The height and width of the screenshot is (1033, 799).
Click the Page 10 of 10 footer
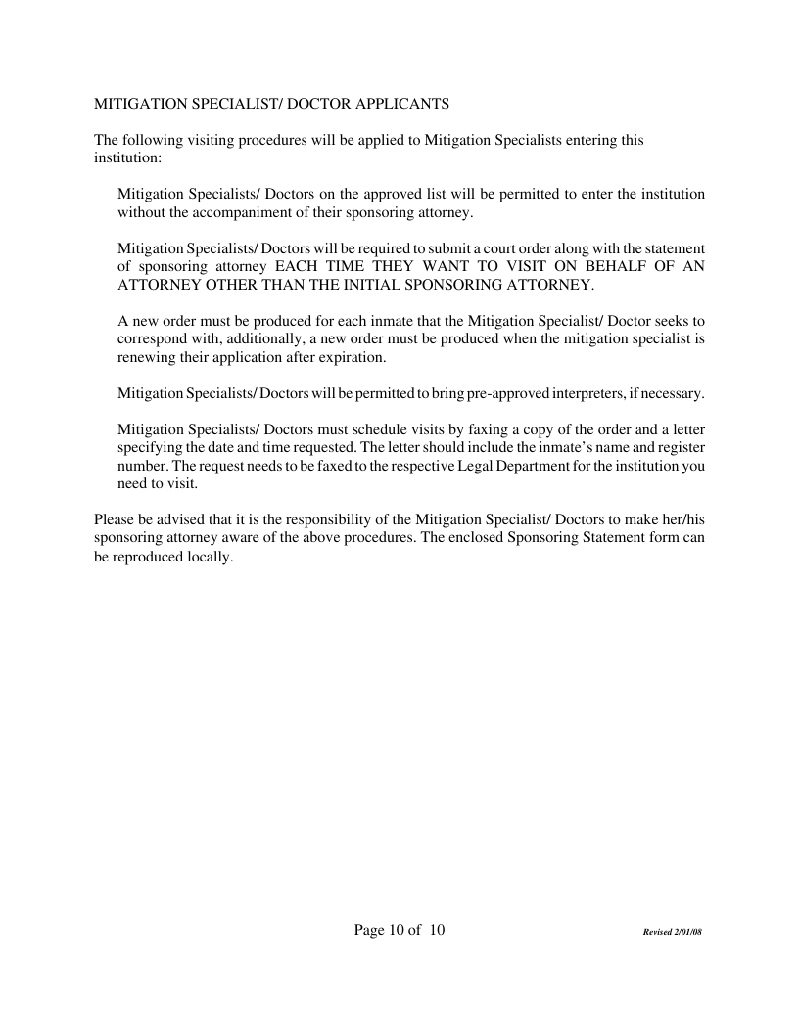(x=399, y=930)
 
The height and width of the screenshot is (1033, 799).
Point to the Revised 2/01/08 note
(x=673, y=932)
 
